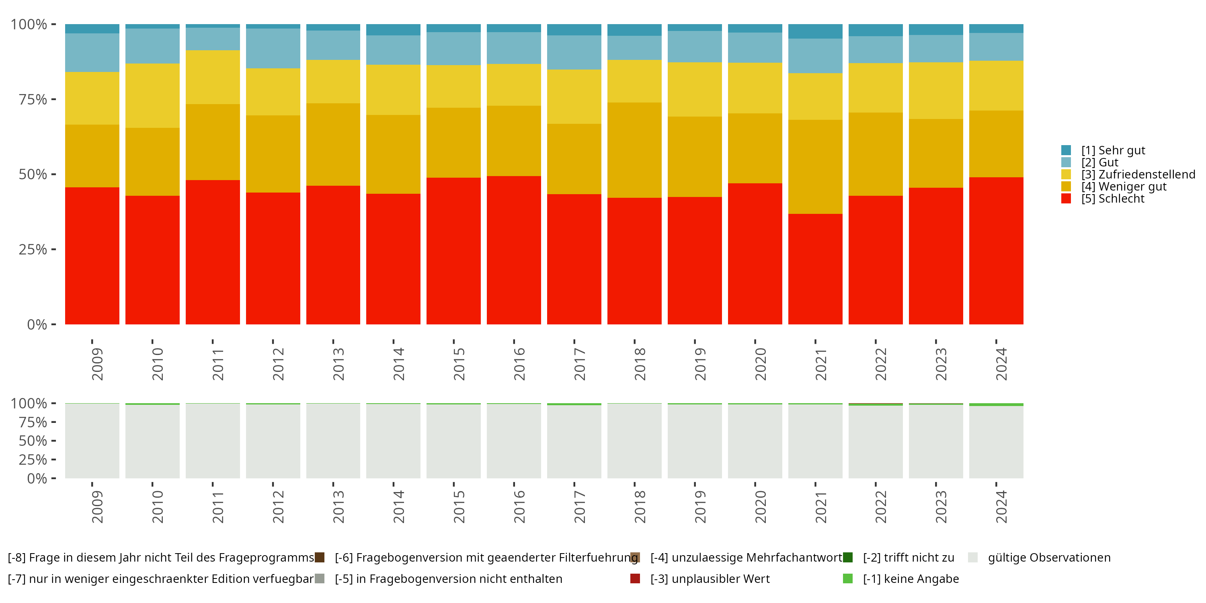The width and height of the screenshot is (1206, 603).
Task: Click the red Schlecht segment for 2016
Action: tap(514, 250)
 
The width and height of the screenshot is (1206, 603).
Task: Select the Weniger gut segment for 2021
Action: tap(815, 167)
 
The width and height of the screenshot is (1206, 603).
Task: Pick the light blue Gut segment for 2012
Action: tap(273, 48)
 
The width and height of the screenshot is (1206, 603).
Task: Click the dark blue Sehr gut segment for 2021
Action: tap(815, 31)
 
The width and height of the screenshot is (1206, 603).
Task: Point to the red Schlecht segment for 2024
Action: tap(996, 251)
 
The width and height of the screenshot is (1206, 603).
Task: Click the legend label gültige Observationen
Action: tap(1049, 558)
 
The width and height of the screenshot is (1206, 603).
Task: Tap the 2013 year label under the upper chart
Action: tap(338, 364)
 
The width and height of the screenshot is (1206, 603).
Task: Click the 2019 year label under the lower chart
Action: tap(700, 507)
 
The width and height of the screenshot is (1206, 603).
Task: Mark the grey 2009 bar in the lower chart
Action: tap(92, 441)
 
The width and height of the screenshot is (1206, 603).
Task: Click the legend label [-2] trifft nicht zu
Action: tap(909, 558)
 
